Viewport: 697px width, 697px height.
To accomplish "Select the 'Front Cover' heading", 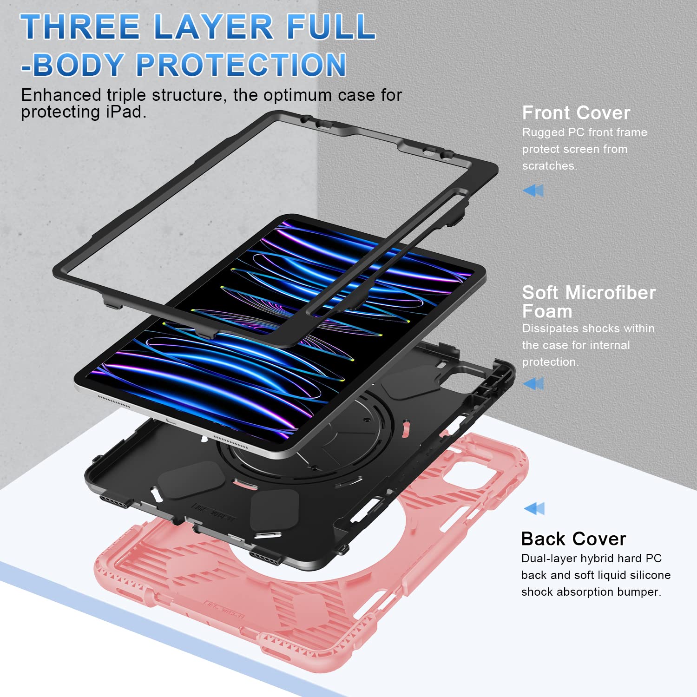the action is tap(576, 113).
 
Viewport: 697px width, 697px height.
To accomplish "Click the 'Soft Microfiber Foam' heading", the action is tap(588, 302).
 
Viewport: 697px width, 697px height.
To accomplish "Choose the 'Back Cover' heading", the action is tap(573, 539).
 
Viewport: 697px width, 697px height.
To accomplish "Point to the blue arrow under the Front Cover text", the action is tap(533, 190).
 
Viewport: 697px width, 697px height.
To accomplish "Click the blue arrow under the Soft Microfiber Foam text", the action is tap(533, 383).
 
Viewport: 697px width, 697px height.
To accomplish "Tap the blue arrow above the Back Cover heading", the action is tap(534, 508).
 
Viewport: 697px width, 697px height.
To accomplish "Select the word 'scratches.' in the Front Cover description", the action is tap(549, 166).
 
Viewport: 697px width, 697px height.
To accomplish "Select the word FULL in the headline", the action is tap(331, 26).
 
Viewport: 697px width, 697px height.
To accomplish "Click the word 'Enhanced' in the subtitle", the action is tap(61, 95).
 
